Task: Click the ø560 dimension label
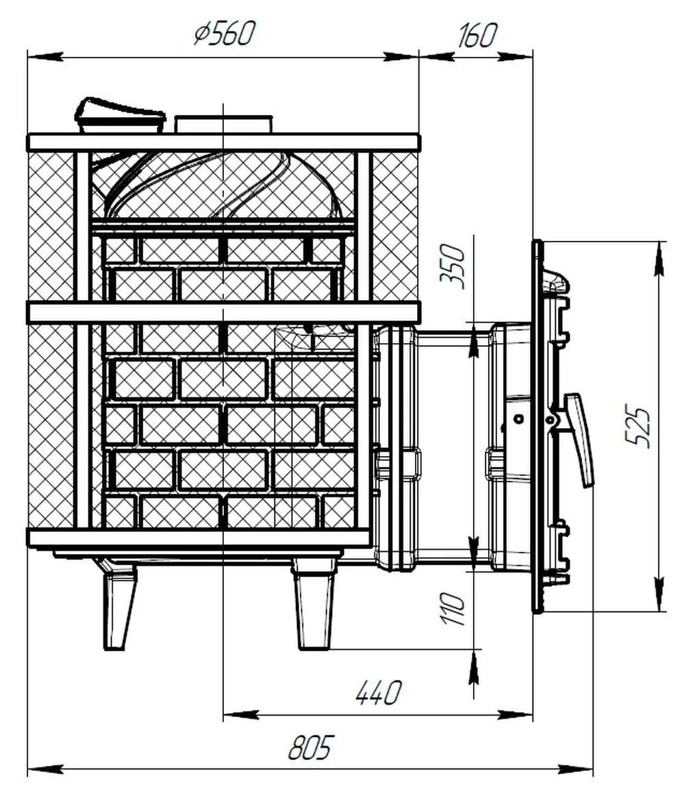[x=225, y=34]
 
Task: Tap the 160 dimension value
[x=477, y=36]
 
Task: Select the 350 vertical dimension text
[x=452, y=266]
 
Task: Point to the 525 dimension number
[x=637, y=425]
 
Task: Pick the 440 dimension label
[x=379, y=692]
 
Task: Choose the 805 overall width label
[x=312, y=747]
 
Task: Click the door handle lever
[x=580, y=440]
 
